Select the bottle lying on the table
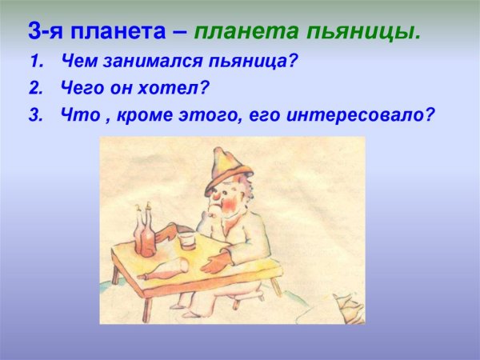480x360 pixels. coord(164,270)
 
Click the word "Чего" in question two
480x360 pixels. coord(78,87)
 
